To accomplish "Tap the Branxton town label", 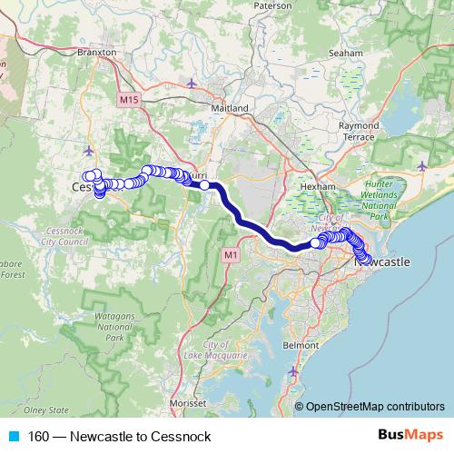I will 98,53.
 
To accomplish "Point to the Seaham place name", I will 347,54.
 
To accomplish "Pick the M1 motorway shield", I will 231,256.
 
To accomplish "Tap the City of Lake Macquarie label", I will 227,351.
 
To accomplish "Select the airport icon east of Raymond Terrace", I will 423,165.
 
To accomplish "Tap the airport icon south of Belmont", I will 292,372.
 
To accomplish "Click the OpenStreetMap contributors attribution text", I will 374,406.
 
